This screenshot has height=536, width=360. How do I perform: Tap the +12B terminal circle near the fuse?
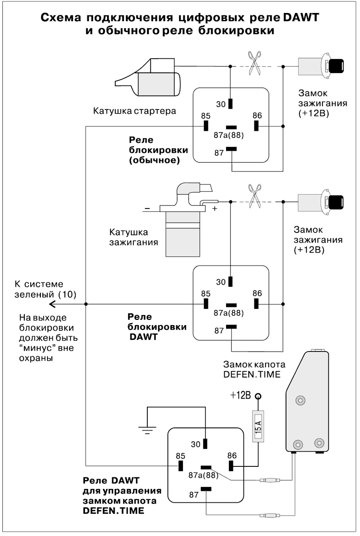click(258, 396)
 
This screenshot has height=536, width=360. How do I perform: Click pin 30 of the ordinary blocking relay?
click(231, 103)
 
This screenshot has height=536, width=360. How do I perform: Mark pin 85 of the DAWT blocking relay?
click(206, 304)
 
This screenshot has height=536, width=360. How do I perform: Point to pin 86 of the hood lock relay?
click(231, 466)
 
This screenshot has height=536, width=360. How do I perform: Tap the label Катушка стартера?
click(135, 111)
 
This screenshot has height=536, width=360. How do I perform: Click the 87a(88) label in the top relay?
click(228, 135)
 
